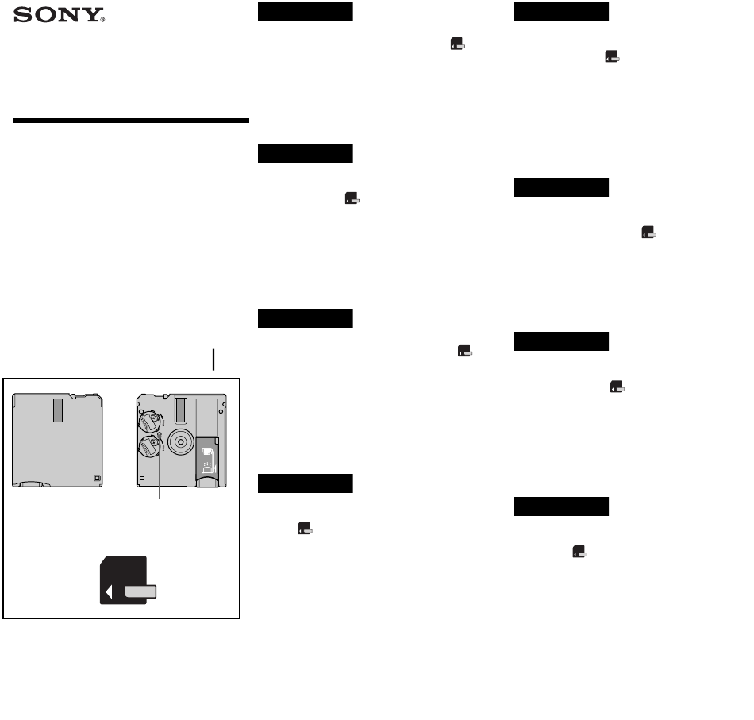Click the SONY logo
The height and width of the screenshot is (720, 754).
click(59, 15)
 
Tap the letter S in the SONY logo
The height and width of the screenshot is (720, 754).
click(22, 15)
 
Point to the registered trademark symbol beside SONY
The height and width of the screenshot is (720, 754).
click(102, 20)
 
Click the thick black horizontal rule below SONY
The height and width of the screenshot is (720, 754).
click(131, 121)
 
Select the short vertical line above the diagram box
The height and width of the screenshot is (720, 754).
click(214, 360)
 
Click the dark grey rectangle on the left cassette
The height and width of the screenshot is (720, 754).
click(58, 410)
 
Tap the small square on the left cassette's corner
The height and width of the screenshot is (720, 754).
click(97, 478)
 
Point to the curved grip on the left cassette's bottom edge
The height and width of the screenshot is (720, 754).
click(31, 484)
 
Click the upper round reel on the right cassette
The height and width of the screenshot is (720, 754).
click(149, 421)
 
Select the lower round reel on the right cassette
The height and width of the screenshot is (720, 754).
click(149, 446)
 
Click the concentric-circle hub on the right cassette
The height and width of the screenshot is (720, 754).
click(181, 441)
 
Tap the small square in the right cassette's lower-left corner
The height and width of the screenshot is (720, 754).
click(142, 479)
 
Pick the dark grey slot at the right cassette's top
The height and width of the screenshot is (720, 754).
click(181, 410)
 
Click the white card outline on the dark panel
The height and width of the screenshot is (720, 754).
click(207, 460)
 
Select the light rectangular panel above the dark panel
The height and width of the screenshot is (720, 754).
click(207, 417)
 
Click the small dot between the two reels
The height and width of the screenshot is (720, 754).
click(160, 434)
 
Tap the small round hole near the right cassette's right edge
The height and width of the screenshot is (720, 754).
click(221, 412)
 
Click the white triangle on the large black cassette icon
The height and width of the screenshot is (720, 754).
click(110, 592)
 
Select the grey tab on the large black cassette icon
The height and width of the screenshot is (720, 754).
click(140, 591)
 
